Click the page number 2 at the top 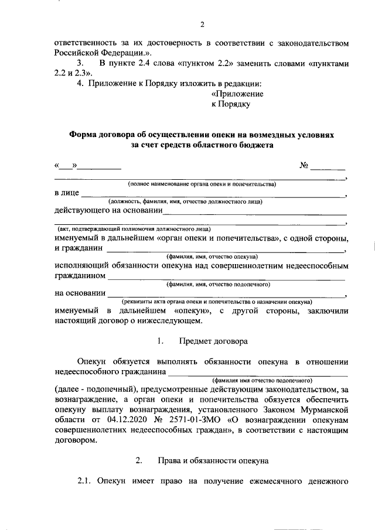point(202,25)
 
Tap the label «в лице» point(66,193)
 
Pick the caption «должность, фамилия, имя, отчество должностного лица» point(189,202)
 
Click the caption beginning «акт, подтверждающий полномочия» point(134,228)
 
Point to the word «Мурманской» point(325,409)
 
